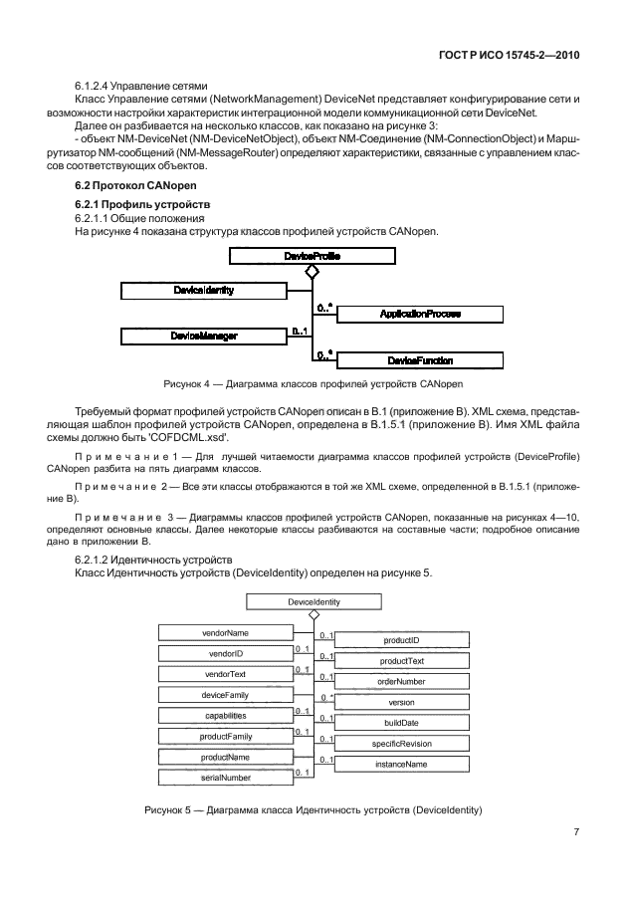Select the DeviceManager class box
(x=205, y=337)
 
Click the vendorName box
(x=224, y=632)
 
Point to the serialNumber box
(x=224, y=777)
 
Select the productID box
(x=400, y=639)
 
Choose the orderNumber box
(x=400, y=681)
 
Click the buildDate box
(x=400, y=723)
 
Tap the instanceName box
(x=400, y=764)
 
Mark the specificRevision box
(x=400, y=743)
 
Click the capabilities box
(x=224, y=715)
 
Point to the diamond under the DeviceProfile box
(x=312, y=271)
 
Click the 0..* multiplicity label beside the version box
(x=325, y=697)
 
